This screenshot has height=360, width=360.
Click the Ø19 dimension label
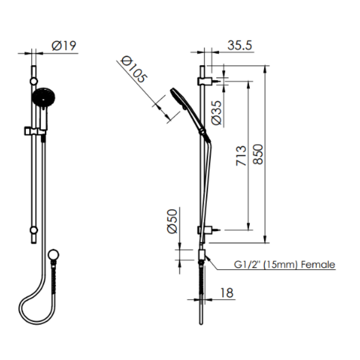[x=64, y=46]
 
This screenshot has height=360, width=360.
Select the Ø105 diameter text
[x=133, y=69]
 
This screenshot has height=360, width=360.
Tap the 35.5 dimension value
[x=240, y=45]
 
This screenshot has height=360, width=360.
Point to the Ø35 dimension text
[x=217, y=112]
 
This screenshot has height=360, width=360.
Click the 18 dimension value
[x=227, y=292]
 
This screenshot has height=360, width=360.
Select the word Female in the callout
[x=318, y=265]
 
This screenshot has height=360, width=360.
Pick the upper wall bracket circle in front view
[x=33, y=81]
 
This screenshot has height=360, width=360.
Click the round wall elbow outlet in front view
[x=53, y=255]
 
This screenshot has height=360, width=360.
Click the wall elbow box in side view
[x=201, y=255]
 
